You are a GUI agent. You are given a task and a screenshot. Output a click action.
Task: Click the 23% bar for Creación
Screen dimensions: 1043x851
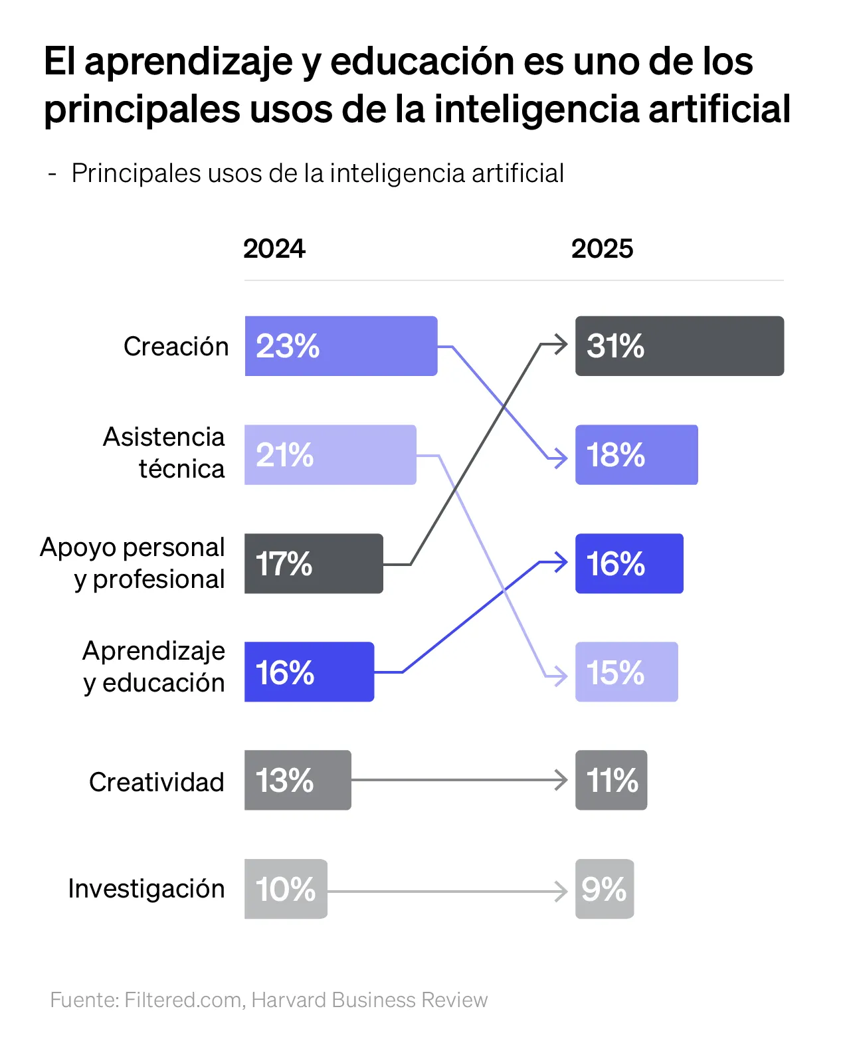coord(341,346)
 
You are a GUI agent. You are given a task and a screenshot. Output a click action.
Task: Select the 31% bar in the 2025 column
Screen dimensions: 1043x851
coord(679,346)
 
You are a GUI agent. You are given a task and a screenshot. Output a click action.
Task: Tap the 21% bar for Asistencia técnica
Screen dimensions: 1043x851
coord(330,455)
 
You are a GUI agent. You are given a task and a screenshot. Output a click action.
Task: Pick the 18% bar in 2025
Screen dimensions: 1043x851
coord(636,455)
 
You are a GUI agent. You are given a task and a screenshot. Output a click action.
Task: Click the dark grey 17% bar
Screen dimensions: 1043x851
coord(314,564)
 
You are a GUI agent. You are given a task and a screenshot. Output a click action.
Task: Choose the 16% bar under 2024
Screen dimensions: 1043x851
coord(309,672)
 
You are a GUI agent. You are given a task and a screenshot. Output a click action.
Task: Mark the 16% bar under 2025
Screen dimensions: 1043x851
coord(629,564)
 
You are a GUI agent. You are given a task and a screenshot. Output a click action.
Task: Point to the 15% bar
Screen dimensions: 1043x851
coord(626,672)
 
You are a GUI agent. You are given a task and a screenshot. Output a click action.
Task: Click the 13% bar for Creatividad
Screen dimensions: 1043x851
coord(298,781)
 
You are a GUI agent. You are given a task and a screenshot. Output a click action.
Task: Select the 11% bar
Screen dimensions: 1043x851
coord(611,781)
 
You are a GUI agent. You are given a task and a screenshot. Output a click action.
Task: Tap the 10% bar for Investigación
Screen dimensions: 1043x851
coord(286,890)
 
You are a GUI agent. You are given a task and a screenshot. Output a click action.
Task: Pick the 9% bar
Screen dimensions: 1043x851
coord(605,890)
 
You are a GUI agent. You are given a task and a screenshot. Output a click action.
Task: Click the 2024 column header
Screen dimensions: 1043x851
coord(274,249)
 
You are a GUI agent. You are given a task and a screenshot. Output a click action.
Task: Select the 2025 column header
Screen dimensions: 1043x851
coord(602,249)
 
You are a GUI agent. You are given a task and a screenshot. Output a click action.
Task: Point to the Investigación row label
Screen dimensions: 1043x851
coord(146,889)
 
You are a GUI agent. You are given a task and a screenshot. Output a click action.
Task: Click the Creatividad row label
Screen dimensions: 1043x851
coord(157,783)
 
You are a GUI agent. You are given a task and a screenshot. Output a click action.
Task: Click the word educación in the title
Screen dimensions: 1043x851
coord(423,62)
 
